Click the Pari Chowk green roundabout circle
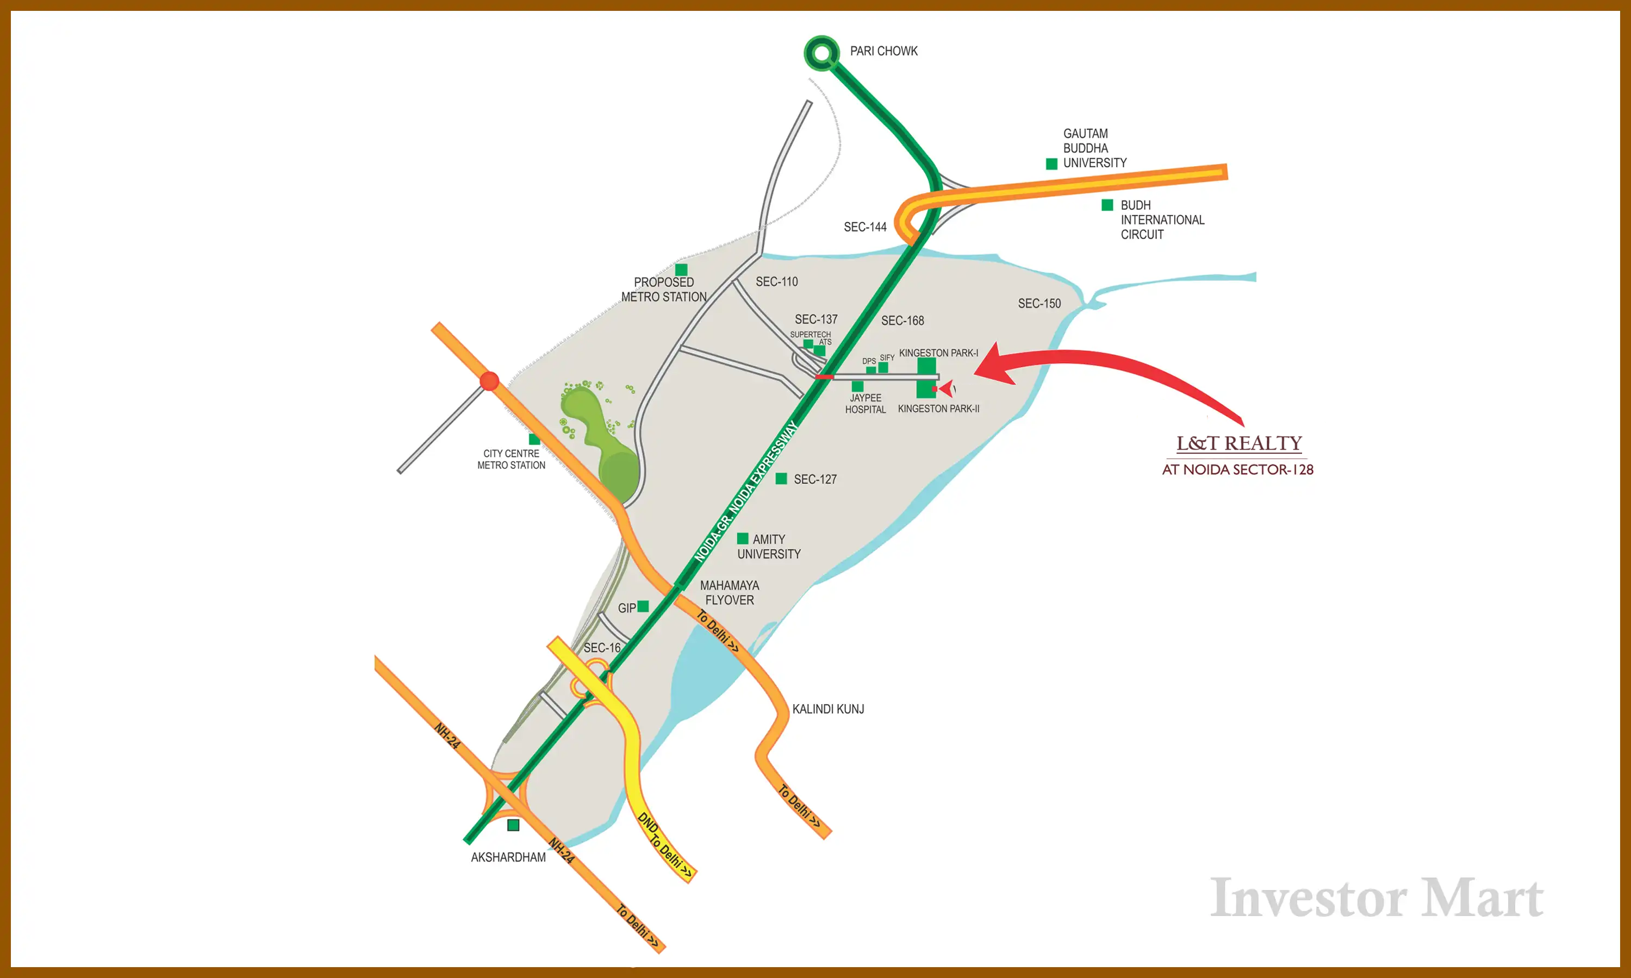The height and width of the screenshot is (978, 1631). pos(821,53)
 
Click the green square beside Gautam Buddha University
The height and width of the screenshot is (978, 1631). pos(1051,164)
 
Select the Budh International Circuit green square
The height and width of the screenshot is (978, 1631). pos(1107,205)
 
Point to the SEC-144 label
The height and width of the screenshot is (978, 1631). pos(865,227)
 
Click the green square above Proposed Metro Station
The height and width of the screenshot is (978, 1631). pos(682,269)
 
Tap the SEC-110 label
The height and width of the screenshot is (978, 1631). pos(776,282)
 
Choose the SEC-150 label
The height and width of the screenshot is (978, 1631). pos(1039,304)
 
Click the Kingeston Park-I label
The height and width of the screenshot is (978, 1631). pos(938,353)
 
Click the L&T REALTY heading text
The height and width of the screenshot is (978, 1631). pos(1238,443)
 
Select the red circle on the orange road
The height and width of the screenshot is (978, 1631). pos(489,381)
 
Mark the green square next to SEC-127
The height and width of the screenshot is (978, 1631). pos(781,479)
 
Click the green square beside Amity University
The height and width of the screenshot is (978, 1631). pos(742,538)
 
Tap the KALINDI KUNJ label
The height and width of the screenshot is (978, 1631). pos(828,709)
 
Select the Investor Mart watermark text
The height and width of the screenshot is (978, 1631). pos(1377,898)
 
